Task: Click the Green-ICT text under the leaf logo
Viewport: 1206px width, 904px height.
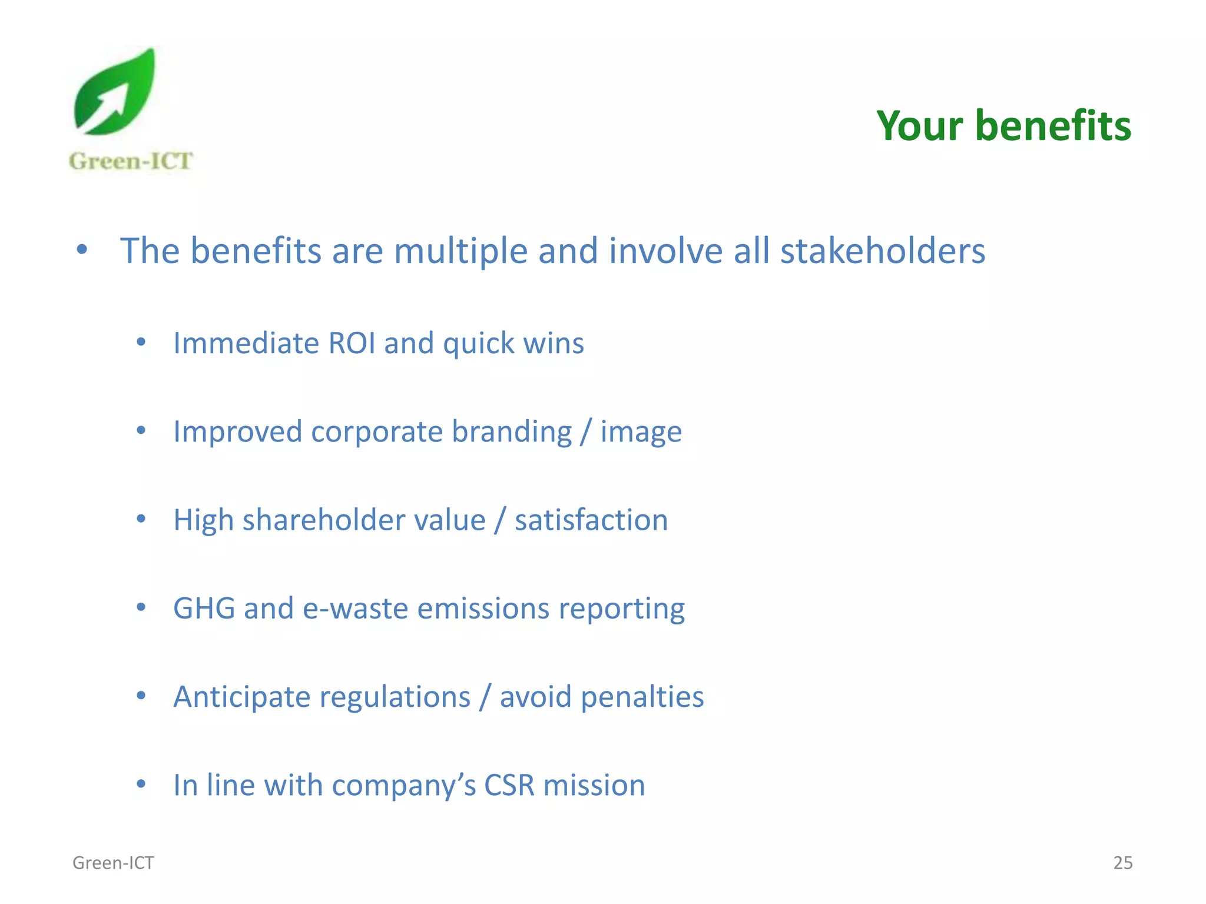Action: (x=131, y=161)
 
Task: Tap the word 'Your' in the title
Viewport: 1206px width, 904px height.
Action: (x=919, y=126)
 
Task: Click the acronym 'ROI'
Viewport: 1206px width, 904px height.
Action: (x=352, y=343)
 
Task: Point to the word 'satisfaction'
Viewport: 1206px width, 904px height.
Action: (x=591, y=520)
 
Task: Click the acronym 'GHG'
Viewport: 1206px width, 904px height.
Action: (x=204, y=609)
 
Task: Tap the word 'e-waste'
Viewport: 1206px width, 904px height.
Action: (x=355, y=609)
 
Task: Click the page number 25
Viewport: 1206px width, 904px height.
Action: (x=1122, y=863)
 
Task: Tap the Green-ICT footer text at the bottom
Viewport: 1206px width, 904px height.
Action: (x=113, y=863)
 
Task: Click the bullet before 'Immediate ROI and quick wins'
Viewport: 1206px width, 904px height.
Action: (x=141, y=342)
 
